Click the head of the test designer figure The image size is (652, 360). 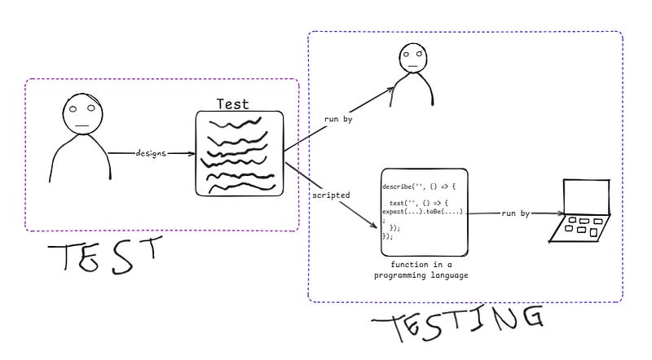click(81, 112)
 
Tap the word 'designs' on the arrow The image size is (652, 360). click(152, 153)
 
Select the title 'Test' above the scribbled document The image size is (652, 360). click(232, 104)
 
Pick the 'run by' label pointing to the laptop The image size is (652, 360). click(514, 213)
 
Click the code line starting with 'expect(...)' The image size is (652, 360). click(422, 211)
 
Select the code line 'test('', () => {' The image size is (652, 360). click(421, 203)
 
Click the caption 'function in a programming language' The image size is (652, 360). click(422, 270)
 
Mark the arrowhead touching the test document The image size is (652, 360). click(192, 153)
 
